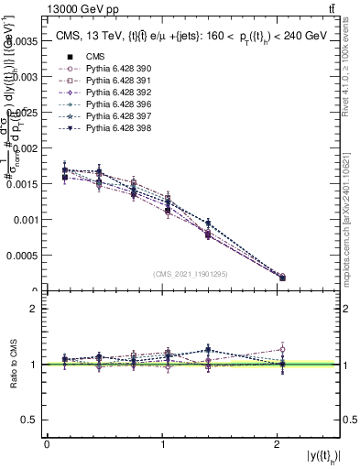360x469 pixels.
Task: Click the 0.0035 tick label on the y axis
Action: (x=23, y=40)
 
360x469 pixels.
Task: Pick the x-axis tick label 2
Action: (x=277, y=444)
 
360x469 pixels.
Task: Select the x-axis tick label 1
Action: (x=162, y=444)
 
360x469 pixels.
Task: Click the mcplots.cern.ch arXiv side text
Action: (x=353, y=201)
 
